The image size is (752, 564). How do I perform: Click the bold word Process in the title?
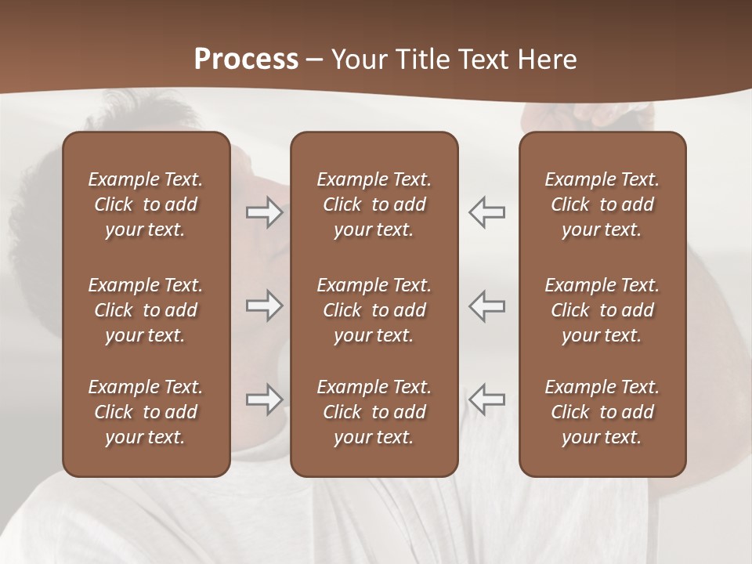point(246,60)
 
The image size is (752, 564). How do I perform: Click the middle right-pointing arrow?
point(265,306)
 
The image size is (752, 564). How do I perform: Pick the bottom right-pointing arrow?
point(265,399)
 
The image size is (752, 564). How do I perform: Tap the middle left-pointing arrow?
point(486,306)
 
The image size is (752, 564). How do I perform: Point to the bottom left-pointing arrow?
point(486,399)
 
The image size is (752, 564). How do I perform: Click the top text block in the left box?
point(146,204)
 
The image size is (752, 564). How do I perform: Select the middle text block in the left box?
point(146,310)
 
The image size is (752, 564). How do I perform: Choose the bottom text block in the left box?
point(146,412)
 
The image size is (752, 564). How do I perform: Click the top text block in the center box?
point(374,204)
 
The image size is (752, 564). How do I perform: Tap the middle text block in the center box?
point(374,310)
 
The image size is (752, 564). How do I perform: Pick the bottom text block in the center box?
point(374,412)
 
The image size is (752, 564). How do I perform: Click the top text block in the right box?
point(602,204)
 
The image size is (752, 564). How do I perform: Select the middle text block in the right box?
point(602,310)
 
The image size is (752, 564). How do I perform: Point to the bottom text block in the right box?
point(602,412)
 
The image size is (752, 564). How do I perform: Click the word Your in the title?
point(359,60)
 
